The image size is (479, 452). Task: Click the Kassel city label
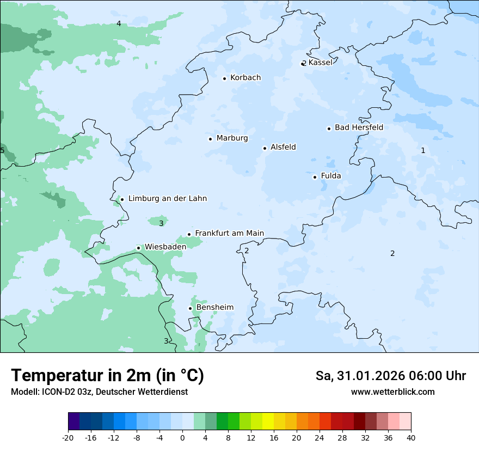pos(320,63)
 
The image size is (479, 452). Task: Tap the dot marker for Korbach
pos(224,78)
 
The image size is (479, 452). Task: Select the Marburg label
pos(232,138)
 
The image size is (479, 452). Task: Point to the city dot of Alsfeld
pos(265,148)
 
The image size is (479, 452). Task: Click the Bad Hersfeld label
pos(359,128)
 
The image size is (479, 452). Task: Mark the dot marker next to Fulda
pos(315,177)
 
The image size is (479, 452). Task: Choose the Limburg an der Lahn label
pos(167,199)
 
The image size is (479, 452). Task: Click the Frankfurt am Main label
pos(229,234)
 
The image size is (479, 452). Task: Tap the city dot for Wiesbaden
pos(138,248)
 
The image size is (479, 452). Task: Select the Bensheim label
pos(214,308)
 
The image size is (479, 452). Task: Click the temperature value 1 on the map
pos(423,151)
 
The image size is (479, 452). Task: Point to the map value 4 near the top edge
pos(119,23)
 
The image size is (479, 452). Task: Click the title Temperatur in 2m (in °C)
pos(107,376)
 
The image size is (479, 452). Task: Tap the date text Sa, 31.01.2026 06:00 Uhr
pos(390,376)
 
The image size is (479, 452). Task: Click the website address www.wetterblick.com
pos(392,392)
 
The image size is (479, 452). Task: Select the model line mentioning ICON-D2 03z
pos(99,392)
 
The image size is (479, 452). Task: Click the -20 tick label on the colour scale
pos(68,438)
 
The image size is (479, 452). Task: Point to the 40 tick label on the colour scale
pos(411,438)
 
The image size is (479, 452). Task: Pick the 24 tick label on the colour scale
pos(320,438)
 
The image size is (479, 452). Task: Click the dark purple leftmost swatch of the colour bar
pos(74,422)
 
